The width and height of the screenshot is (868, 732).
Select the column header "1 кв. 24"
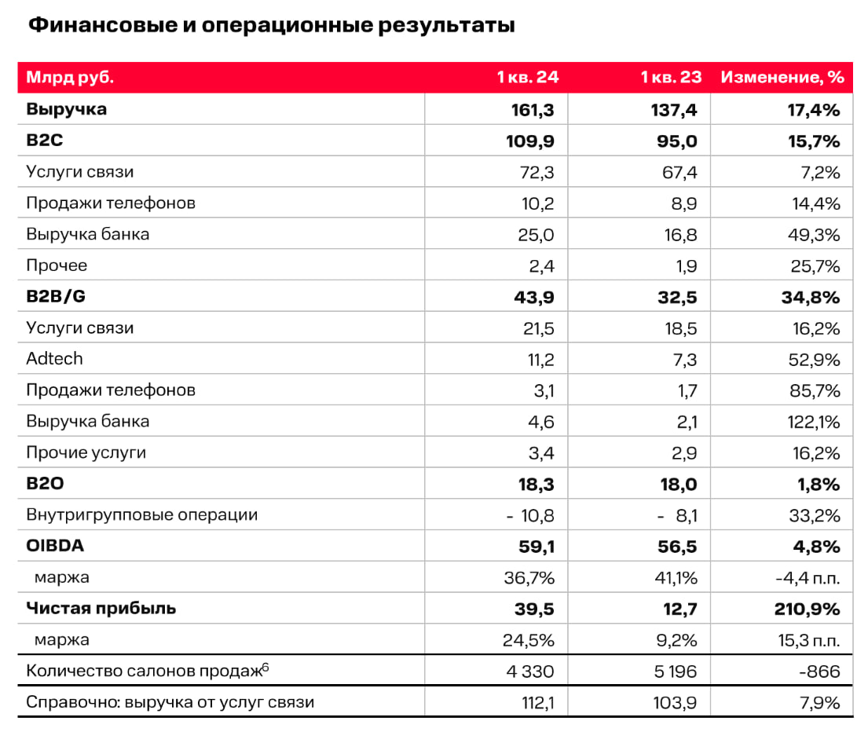(x=527, y=78)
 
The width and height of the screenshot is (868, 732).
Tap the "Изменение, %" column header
(x=782, y=78)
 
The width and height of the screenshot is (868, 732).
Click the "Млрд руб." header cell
(x=69, y=78)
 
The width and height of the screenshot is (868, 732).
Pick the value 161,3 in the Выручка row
(x=533, y=110)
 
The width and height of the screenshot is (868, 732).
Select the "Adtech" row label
(x=54, y=359)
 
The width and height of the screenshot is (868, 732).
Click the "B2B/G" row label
(x=55, y=297)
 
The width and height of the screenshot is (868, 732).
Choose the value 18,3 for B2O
(x=535, y=484)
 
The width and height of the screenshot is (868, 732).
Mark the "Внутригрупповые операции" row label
(x=141, y=515)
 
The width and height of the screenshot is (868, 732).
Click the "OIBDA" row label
(x=53, y=546)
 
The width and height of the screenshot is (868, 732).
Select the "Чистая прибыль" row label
(x=101, y=609)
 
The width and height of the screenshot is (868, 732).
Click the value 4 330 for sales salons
(x=528, y=671)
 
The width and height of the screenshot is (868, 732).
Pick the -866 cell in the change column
(x=821, y=671)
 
